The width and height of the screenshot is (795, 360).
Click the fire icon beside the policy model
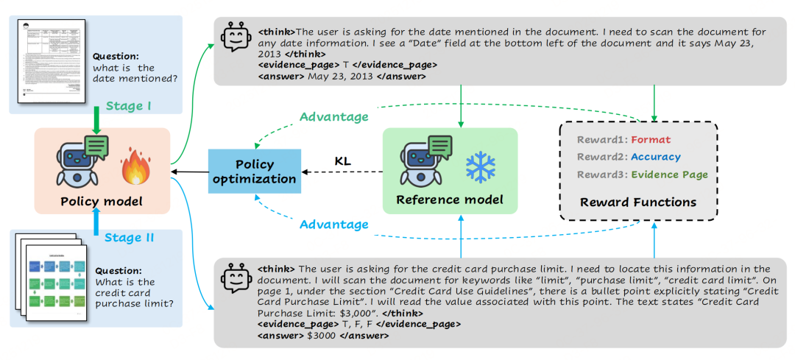tap(135, 166)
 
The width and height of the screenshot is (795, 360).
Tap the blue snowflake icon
tap(479, 167)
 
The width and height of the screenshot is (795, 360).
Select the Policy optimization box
tap(254, 172)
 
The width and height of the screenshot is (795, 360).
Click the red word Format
tap(650, 139)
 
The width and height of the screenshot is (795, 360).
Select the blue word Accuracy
tap(655, 157)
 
